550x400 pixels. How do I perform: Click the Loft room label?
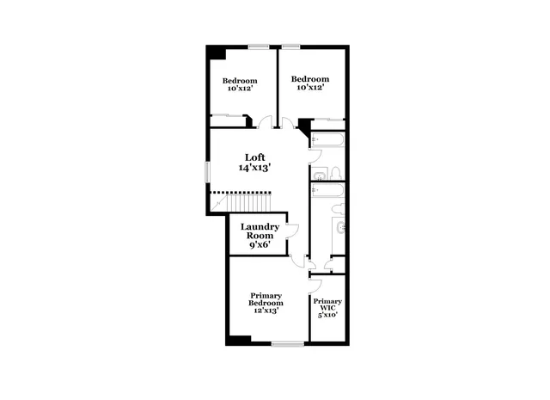(254, 157)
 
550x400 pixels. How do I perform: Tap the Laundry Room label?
(260, 231)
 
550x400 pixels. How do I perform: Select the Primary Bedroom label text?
(266, 298)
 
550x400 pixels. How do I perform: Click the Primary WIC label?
(327, 305)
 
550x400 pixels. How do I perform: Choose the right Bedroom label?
(309, 78)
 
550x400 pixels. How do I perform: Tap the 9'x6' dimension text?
(259, 244)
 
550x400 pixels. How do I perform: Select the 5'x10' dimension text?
(327, 315)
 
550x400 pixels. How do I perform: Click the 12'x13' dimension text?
(266, 311)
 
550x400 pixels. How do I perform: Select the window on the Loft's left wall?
(208, 170)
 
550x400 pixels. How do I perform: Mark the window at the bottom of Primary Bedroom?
(288, 344)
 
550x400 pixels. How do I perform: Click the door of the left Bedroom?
(267, 122)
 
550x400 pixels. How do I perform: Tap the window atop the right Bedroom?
(291, 46)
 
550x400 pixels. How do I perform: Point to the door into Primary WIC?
(315, 285)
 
